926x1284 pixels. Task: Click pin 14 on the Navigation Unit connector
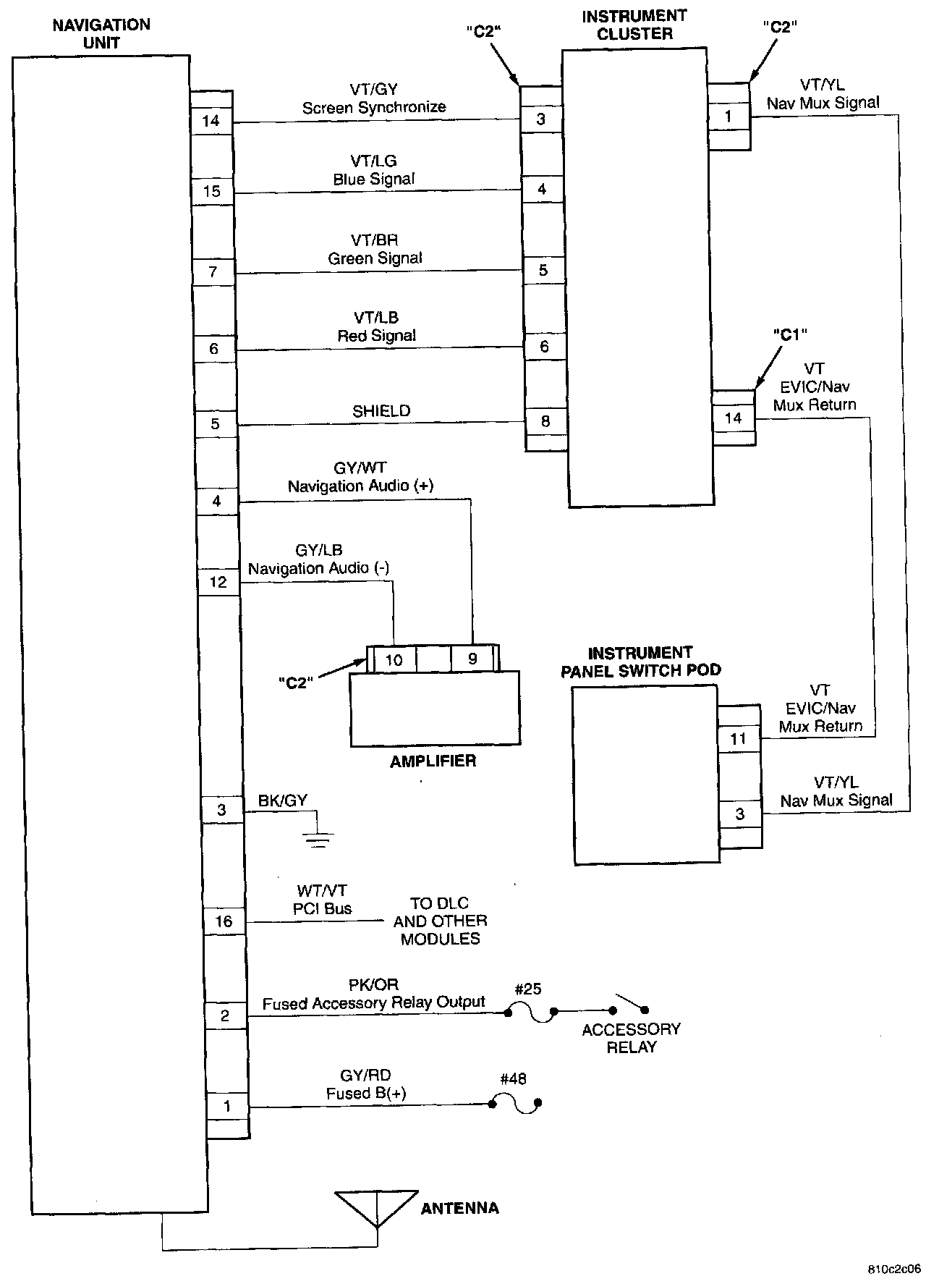[211, 121]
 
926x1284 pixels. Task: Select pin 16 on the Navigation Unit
[224, 921]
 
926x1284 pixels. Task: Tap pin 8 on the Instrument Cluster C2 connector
[545, 421]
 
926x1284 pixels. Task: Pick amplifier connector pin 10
[394, 659]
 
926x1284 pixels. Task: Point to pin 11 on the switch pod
[738, 739]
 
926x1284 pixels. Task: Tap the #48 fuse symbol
[515, 1104]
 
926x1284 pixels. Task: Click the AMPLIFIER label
[433, 761]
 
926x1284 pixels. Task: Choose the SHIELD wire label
[381, 411]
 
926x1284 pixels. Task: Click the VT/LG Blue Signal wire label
[374, 170]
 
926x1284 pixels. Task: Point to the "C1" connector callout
[789, 334]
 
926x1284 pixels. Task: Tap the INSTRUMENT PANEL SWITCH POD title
[641, 661]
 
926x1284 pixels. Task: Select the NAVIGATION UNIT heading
[101, 33]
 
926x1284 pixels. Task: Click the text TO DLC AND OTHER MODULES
[440, 921]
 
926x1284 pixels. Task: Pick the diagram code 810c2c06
[894, 1269]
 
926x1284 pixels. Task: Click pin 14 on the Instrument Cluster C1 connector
[733, 418]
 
